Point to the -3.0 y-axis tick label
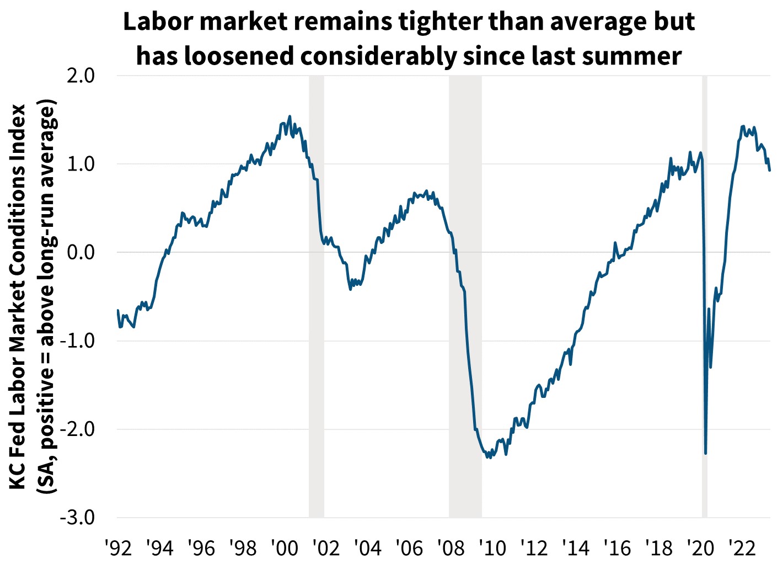[x=79, y=518]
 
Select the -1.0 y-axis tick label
[x=79, y=341]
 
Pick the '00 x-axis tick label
[x=284, y=549]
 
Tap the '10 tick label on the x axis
[x=492, y=549]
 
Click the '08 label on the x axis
[x=451, y=549]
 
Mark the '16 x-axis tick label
[x=617, y=549]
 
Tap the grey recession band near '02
[x=316, y=296]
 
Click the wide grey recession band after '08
[x=465, y=296]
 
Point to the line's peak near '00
[x=290, y=116]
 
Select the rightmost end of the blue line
[x=770, y=171]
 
